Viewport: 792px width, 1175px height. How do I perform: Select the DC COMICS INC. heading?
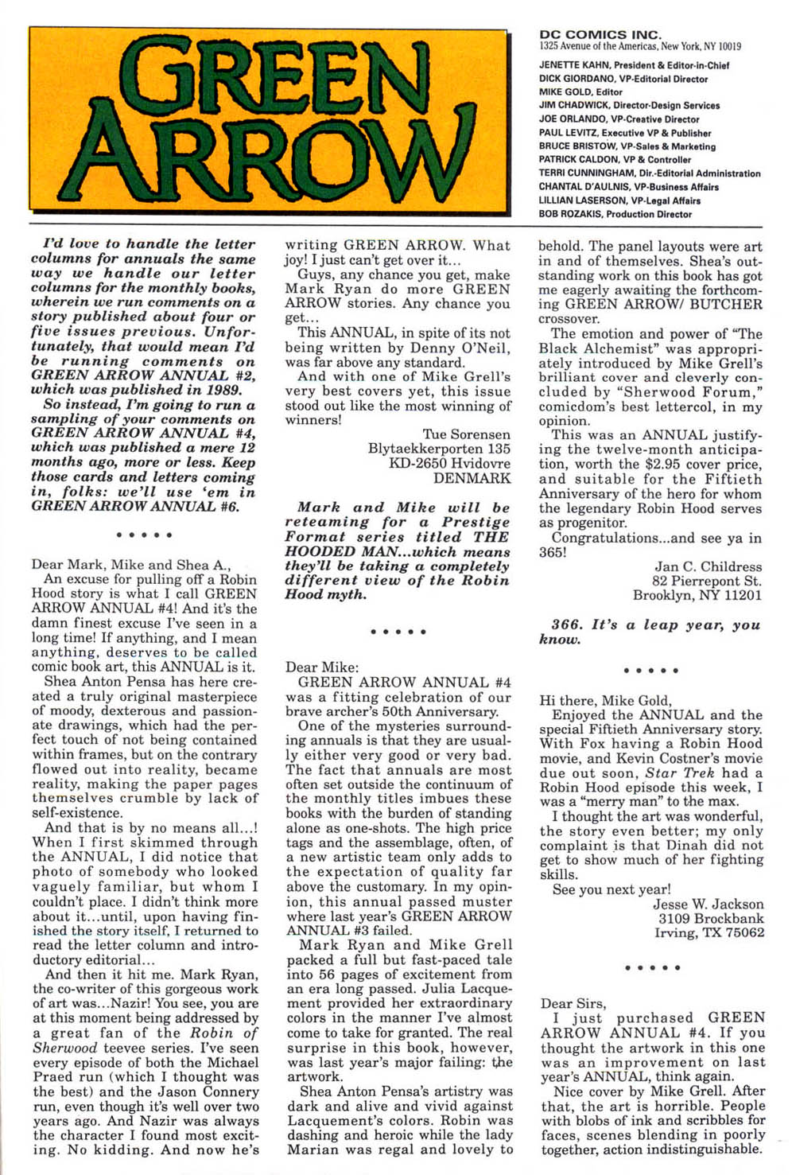[x=600, y=34]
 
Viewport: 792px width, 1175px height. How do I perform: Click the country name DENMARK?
[x=472, y=478]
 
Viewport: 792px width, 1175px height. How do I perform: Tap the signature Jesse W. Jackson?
[x=708, y=904]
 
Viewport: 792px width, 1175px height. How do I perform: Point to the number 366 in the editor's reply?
[x=565, y=625]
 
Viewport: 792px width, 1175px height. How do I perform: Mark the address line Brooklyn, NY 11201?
[x=697, y=595]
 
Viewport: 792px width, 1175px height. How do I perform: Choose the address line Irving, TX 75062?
[x=709, y=932]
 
